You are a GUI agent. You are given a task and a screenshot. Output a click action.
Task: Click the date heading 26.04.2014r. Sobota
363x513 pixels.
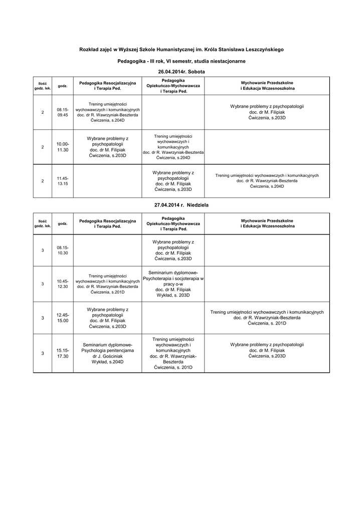[x=181, y=72]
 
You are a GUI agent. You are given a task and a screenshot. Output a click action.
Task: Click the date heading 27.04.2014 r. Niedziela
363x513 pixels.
[x=181, y=205]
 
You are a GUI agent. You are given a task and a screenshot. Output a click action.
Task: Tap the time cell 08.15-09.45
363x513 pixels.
[x=63, y=112]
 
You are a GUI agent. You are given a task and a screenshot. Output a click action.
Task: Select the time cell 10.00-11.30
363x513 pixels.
[x=63, y=147]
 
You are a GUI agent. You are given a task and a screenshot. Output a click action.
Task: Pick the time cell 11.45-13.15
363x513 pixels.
[x=63, y=181]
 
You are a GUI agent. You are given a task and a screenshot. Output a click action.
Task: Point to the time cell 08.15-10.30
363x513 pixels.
[x=63, y=250]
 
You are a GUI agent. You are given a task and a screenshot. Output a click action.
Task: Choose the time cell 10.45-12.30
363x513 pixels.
[x=63, y=284]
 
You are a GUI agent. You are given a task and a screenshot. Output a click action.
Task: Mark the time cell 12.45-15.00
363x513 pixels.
[x=63, y=318]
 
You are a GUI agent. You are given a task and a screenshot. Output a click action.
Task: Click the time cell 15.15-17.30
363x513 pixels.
[x=63, y=353]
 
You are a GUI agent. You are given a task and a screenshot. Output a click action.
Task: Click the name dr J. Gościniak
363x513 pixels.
[x=108, y=356]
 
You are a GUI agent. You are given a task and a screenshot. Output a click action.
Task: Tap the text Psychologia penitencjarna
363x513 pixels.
[x=108, y=351]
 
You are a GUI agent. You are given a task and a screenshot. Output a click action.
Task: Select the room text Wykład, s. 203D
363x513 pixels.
[x=173, y=295]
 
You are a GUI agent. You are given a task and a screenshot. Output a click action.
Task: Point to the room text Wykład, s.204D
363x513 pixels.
[x=108, y=362]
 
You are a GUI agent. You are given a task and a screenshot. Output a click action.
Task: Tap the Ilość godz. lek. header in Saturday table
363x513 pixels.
[x=43, y=85]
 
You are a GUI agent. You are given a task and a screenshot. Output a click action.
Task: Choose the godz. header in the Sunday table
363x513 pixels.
[x=63, y=223]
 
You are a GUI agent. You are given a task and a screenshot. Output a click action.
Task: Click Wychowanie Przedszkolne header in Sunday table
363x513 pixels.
[x=267, y=221]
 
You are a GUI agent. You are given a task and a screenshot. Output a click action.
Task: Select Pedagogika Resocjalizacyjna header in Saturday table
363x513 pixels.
[x=108, y=82]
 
